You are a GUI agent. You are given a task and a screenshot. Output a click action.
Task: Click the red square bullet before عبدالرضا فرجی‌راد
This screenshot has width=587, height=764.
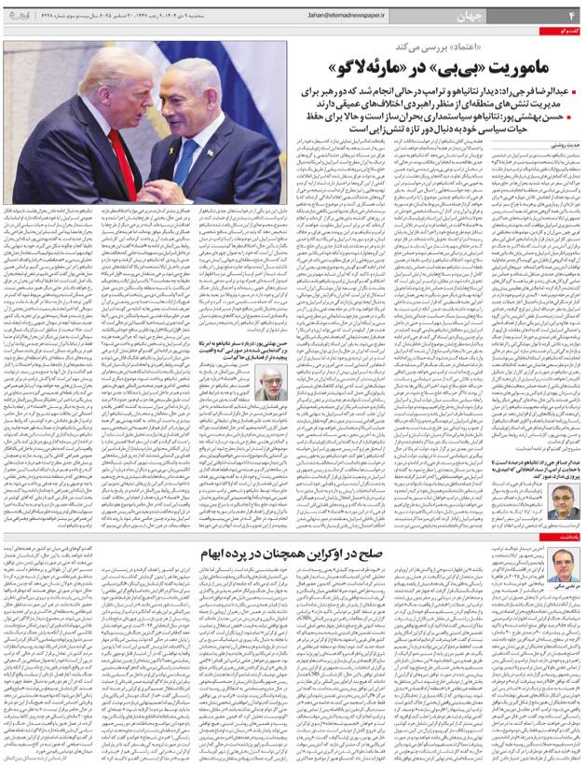click(x=576, y=93)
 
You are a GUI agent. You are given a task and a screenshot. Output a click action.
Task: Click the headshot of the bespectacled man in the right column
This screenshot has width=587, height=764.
click(x=562, y=503)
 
